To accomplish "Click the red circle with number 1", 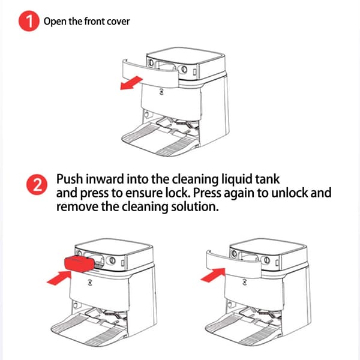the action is pos(29,21).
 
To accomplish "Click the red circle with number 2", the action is pos(37,185).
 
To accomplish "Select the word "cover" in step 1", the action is pos(118,22).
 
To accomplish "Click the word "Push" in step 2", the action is pos(70,179).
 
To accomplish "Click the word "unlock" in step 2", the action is pos(290,193).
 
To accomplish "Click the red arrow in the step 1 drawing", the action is pos(131,83).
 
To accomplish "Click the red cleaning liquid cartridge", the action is pos(79,264).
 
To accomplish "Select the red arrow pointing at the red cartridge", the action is pos(59,278).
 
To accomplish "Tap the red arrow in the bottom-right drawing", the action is pos(213,275).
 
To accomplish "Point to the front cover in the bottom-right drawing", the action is pos(233,264).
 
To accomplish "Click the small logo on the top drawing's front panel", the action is pos(161,92).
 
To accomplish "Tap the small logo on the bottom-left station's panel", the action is pos(90,283).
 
